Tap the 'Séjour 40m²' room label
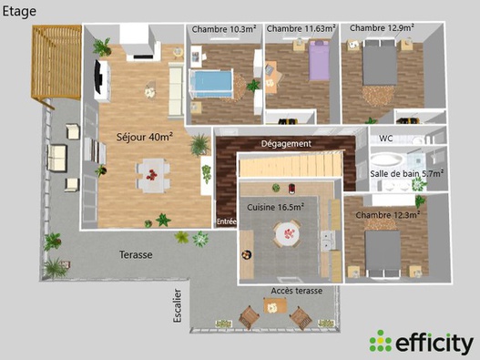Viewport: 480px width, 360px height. coord(145,138)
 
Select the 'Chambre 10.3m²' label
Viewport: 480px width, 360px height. coord(223,29)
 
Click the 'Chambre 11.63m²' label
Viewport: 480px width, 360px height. coord(301,29)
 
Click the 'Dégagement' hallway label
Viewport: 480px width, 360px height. coord(286,143)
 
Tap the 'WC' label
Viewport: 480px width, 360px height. coord(385,139)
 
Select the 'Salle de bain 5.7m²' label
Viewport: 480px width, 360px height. coord(407,173)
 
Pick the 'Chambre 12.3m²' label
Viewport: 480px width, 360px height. coord(388,214)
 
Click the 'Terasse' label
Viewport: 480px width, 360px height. coord(134,255)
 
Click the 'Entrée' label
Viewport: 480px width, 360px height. coord(227,221)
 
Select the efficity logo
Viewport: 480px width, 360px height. coord(421,343)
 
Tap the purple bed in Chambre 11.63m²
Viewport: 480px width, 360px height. coord(317,63)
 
